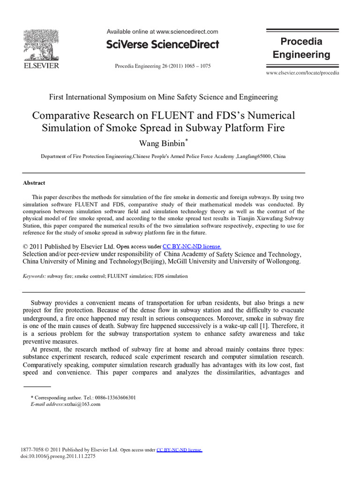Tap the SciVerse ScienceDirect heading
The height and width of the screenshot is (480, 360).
163,45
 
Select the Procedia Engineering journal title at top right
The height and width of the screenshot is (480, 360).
301,48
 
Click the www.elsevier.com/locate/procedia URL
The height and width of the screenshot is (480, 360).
302,73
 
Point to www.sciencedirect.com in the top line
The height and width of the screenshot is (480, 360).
187,32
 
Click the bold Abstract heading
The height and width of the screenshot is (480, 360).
34,183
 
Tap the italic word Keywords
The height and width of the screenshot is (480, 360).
34,276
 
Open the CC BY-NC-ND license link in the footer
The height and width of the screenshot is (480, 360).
179,450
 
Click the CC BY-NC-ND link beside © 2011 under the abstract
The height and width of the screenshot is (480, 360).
192,246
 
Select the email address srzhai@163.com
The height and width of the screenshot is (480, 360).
82,404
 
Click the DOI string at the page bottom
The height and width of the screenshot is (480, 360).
58,456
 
